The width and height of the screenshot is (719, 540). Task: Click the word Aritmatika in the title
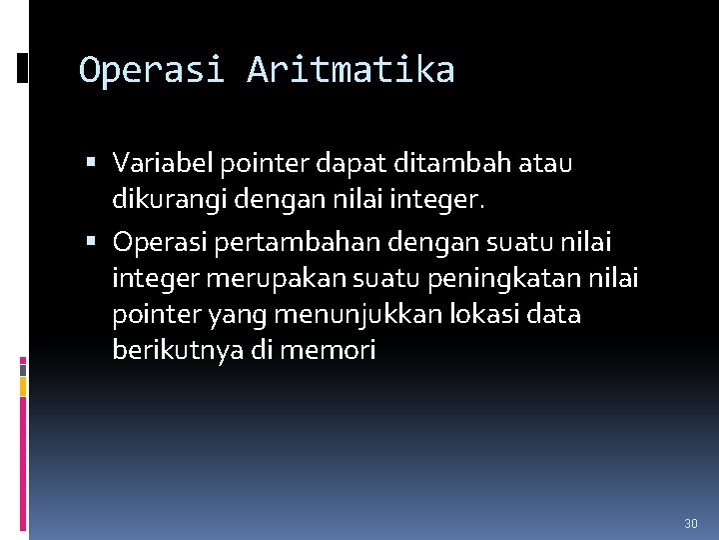coord(351,70)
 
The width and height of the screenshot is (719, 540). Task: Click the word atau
coord(547,162)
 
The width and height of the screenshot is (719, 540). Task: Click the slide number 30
coord(690,524)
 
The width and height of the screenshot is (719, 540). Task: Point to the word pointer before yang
coord(156,315)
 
